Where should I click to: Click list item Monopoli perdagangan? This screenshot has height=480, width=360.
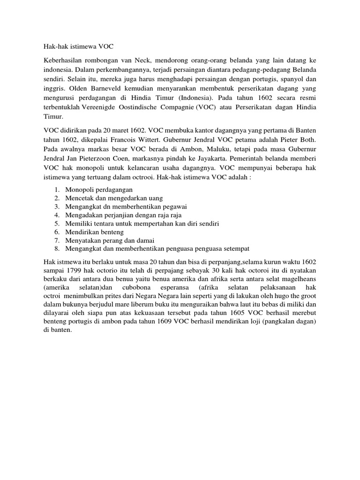tap(99, 189)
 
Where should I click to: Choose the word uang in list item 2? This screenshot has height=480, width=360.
tap(160, 198)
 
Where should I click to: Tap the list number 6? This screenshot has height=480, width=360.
tap(56, 232)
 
